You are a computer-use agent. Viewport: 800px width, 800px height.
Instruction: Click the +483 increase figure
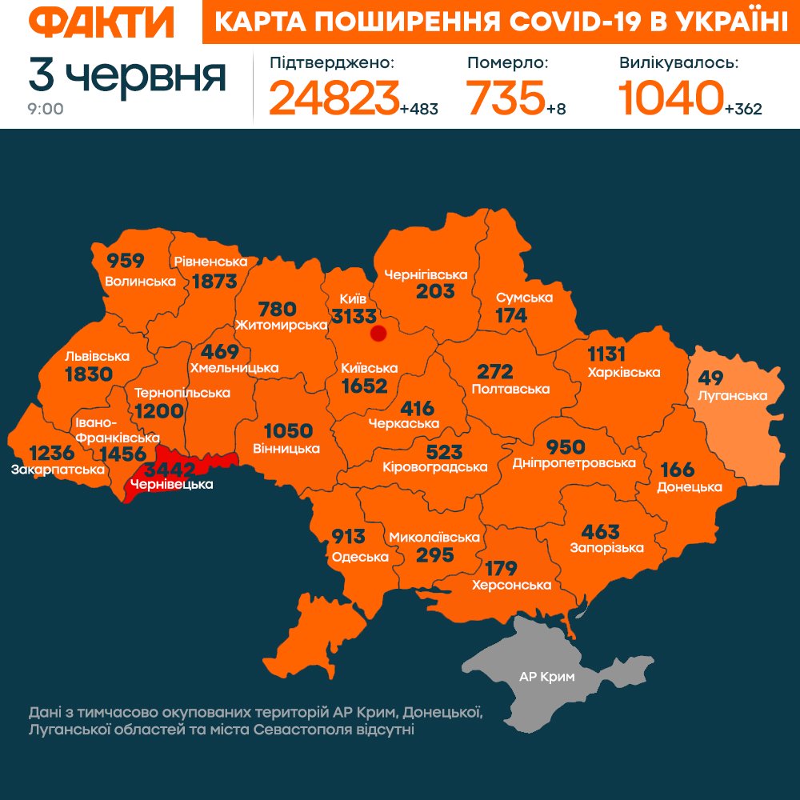pyautogui.click(x=419, y=109)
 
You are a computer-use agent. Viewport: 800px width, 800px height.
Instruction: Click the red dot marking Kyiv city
pyautogui.click(x=379, y=334)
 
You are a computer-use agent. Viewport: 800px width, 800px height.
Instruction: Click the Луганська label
pyautogui.click(x=733, y=395)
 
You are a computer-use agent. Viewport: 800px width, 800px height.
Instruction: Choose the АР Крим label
pyautogui.click(x=547, y=676)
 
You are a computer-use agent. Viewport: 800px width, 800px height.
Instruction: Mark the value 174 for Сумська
pyautogui.click(x=511, y=315)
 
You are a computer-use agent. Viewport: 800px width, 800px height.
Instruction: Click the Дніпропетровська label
pyautogui.click(x=574, y=463)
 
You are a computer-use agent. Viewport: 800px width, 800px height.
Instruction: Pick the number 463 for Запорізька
pyautogui.click(x=601, y=531)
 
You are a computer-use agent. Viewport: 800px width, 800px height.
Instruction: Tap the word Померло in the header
pyautogui.click(x=508, y=62)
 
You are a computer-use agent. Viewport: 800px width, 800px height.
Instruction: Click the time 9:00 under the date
pyautogui.click(x=46, y=109)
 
